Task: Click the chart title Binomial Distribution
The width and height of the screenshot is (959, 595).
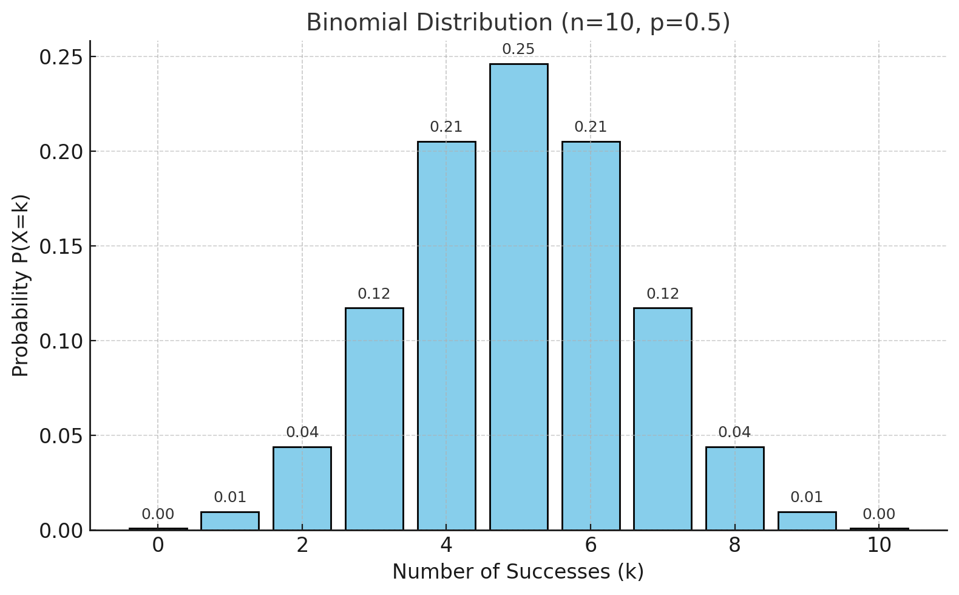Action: tap(518, 23)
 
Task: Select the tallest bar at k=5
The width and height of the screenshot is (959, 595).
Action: tap(518, 297)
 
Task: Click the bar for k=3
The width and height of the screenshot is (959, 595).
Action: tap(374, 419)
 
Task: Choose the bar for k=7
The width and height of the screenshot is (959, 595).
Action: tap(662, 419)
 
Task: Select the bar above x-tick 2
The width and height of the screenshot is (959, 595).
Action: tap(302, 489)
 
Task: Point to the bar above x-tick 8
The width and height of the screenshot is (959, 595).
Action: tap(734, 489)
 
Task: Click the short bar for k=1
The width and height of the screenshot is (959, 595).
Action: tap(229, 521)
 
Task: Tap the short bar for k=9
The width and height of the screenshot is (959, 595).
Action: tap(807, 521)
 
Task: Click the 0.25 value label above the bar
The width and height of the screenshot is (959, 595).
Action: tap(518, 50)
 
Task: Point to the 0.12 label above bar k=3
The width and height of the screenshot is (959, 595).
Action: tap(374, 294)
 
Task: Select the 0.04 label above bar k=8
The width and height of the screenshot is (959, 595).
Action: tap(734, 432)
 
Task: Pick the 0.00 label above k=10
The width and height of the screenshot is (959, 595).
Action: tap(878, 514)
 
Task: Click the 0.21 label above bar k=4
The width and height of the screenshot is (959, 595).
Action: tap(446, 127)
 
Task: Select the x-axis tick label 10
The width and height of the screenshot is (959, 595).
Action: tap(878, 546)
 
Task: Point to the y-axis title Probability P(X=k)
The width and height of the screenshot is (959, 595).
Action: tap(21, 285)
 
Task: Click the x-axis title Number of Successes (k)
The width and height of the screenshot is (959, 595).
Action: tap(518, 572)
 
